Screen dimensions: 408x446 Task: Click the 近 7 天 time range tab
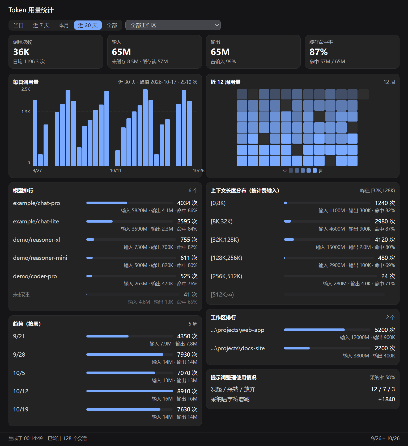tap(41, 25)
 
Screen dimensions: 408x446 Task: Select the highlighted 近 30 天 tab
tap(88, 25)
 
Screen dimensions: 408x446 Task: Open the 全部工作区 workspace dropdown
tap(173, 25)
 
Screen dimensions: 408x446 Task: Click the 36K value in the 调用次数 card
tap(22, 52)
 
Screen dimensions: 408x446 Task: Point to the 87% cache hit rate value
tap(318, 52)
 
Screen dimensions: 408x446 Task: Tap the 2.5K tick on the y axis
tap(26, 89)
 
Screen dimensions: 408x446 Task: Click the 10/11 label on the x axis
tap(116, 170)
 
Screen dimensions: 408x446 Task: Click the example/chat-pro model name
tap(37, 203)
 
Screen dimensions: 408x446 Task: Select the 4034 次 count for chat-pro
tap(187, 203)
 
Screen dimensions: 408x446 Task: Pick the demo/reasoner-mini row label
tap(40, 258)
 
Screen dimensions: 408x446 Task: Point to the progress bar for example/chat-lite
tap(130, 221)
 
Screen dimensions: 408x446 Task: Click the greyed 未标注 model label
tap(21, 295)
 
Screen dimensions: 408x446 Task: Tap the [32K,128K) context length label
tap(225, 240)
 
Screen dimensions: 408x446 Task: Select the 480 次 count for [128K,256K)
tap(386, 258)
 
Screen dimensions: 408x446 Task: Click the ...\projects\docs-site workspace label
tap(238, 348)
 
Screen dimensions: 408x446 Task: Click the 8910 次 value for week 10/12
tap(187, 391)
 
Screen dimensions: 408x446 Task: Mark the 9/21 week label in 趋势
tap(19, 336)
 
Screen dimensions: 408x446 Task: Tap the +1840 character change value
tap(386, 399)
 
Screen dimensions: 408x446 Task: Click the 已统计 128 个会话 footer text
tap(67, 438)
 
